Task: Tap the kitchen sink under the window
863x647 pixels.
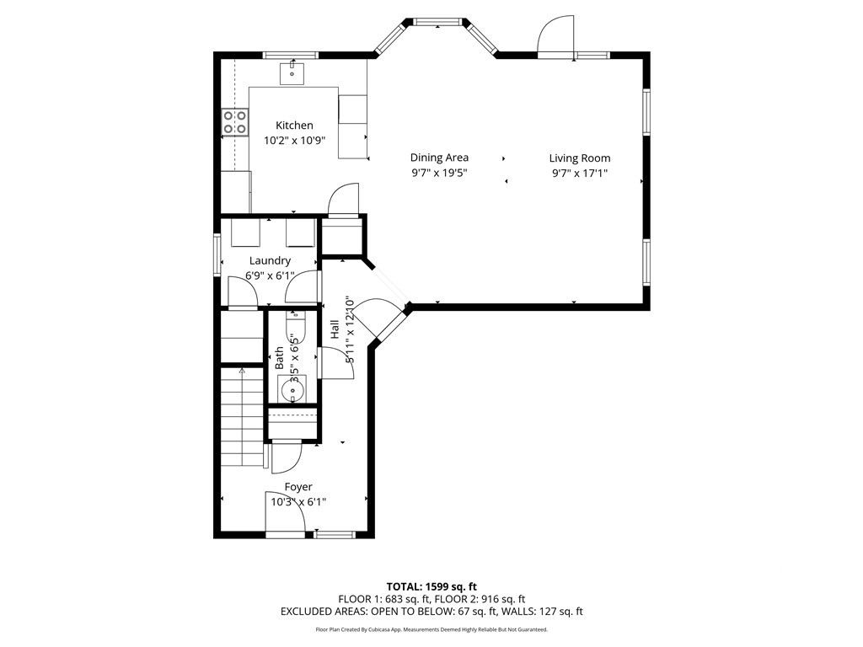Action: [292, 73]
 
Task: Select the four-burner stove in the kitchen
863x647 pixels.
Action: [236, 123]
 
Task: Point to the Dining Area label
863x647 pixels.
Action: [439, 158]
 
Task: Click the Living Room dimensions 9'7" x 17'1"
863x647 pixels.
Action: [580, 173]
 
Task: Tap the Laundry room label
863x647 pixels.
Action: [270, 261]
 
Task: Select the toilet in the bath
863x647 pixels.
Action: [294, 328]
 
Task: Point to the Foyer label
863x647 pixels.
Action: [298, 487]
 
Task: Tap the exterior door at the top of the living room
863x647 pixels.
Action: [555, 38]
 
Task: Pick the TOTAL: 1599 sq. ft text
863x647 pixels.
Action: [431, 586]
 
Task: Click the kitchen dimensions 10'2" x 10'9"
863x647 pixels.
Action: [294, 141]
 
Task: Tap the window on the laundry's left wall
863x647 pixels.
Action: [217, 254]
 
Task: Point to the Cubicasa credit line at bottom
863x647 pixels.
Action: [431, 629]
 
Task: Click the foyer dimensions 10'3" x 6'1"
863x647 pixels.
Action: [298, 502]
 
